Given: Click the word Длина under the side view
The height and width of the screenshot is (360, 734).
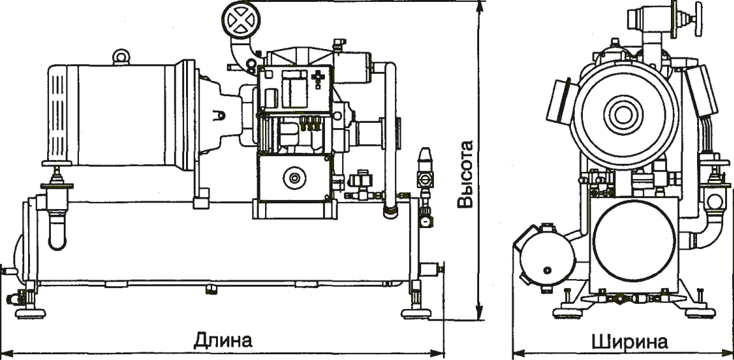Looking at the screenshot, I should click(x=223, y=340).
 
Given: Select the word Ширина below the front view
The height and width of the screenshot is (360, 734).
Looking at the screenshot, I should click(x=630, y=342).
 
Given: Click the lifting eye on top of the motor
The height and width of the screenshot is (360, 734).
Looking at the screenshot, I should click(x=120, y=57).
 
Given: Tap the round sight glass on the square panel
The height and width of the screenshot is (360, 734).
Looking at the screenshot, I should click(x=294, y=178).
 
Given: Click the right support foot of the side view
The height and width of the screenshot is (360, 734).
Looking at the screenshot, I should click(x=418, y=312).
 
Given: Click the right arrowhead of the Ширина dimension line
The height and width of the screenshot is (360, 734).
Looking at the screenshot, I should click(x=729, y=351).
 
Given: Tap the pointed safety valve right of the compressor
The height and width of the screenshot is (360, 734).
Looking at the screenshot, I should click(x=424, y=158).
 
